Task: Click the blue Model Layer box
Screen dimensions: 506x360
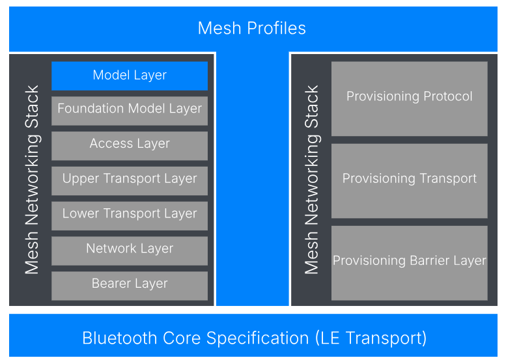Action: pyautogui.click(x=130, y=76)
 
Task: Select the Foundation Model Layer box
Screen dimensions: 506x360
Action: pyautogui.click(x=130, y=111)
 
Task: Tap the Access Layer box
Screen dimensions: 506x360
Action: pyautogui.click(x=130, y=146)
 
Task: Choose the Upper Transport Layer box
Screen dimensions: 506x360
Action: pyautogui.click(x=130, y=180)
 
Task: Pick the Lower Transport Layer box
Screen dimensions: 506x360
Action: pyautogui.click(x=130, y=216)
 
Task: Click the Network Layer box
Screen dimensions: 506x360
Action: pyautogui.click(x=130, y=251)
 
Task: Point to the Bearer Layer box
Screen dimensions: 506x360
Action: pyautogui.click(x=130, y=286)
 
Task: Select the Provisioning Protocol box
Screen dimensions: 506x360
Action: pyautogui.click(x=409, y=99)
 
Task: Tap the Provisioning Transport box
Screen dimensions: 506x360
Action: pyautogui.click(x=409, y=181)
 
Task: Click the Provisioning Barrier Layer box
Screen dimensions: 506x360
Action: pyautogui.click(x=409, y=263)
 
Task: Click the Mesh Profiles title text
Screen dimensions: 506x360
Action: pyautogui.click(x=252, y=28)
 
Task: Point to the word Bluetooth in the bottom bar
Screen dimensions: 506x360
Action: pyautogui.click(x=120, y=338)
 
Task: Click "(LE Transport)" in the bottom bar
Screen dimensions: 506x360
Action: pyautogui.click(x=371, y=339)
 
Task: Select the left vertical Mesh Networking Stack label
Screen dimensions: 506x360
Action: pyautogui.click(x=33, y=180)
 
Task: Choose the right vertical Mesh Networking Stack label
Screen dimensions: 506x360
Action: pyautogui.click(x=312, y=180)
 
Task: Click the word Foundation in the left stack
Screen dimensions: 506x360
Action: pyautogui.click(x=91, y=108)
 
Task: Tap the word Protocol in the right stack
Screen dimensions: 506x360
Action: pyautogui.click(x=447, y=96)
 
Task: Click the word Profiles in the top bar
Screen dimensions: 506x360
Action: pyautogui.click(x=277, y=28)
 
